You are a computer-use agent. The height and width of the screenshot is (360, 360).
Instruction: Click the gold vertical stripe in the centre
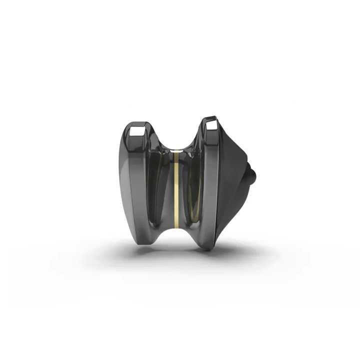coord(176,190)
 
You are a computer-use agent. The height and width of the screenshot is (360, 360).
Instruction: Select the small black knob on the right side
coord(253,175)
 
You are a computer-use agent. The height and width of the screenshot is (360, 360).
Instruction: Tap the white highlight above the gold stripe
coord(176,149)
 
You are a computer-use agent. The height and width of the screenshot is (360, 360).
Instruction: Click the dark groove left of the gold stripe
coord(162,190)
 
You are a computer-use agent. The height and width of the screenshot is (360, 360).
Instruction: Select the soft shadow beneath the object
coord(175,255)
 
